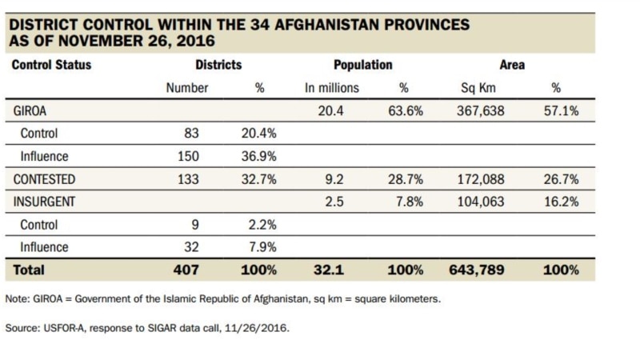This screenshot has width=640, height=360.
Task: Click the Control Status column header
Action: point(51,65)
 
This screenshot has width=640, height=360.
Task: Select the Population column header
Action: point(363,65)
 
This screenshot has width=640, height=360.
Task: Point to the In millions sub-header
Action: point(332,88)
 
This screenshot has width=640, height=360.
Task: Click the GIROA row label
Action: point(32,111)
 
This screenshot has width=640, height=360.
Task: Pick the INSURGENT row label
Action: point(46,202)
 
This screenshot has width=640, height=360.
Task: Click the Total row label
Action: point(30,270)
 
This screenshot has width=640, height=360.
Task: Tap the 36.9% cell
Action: point(258,157)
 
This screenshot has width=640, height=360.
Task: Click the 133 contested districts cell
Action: point(187,180)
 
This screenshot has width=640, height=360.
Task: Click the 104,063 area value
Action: point(478,202)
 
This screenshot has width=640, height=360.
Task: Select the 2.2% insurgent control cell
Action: point(262,226)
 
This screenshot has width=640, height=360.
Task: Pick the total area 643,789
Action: point(477,270)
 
